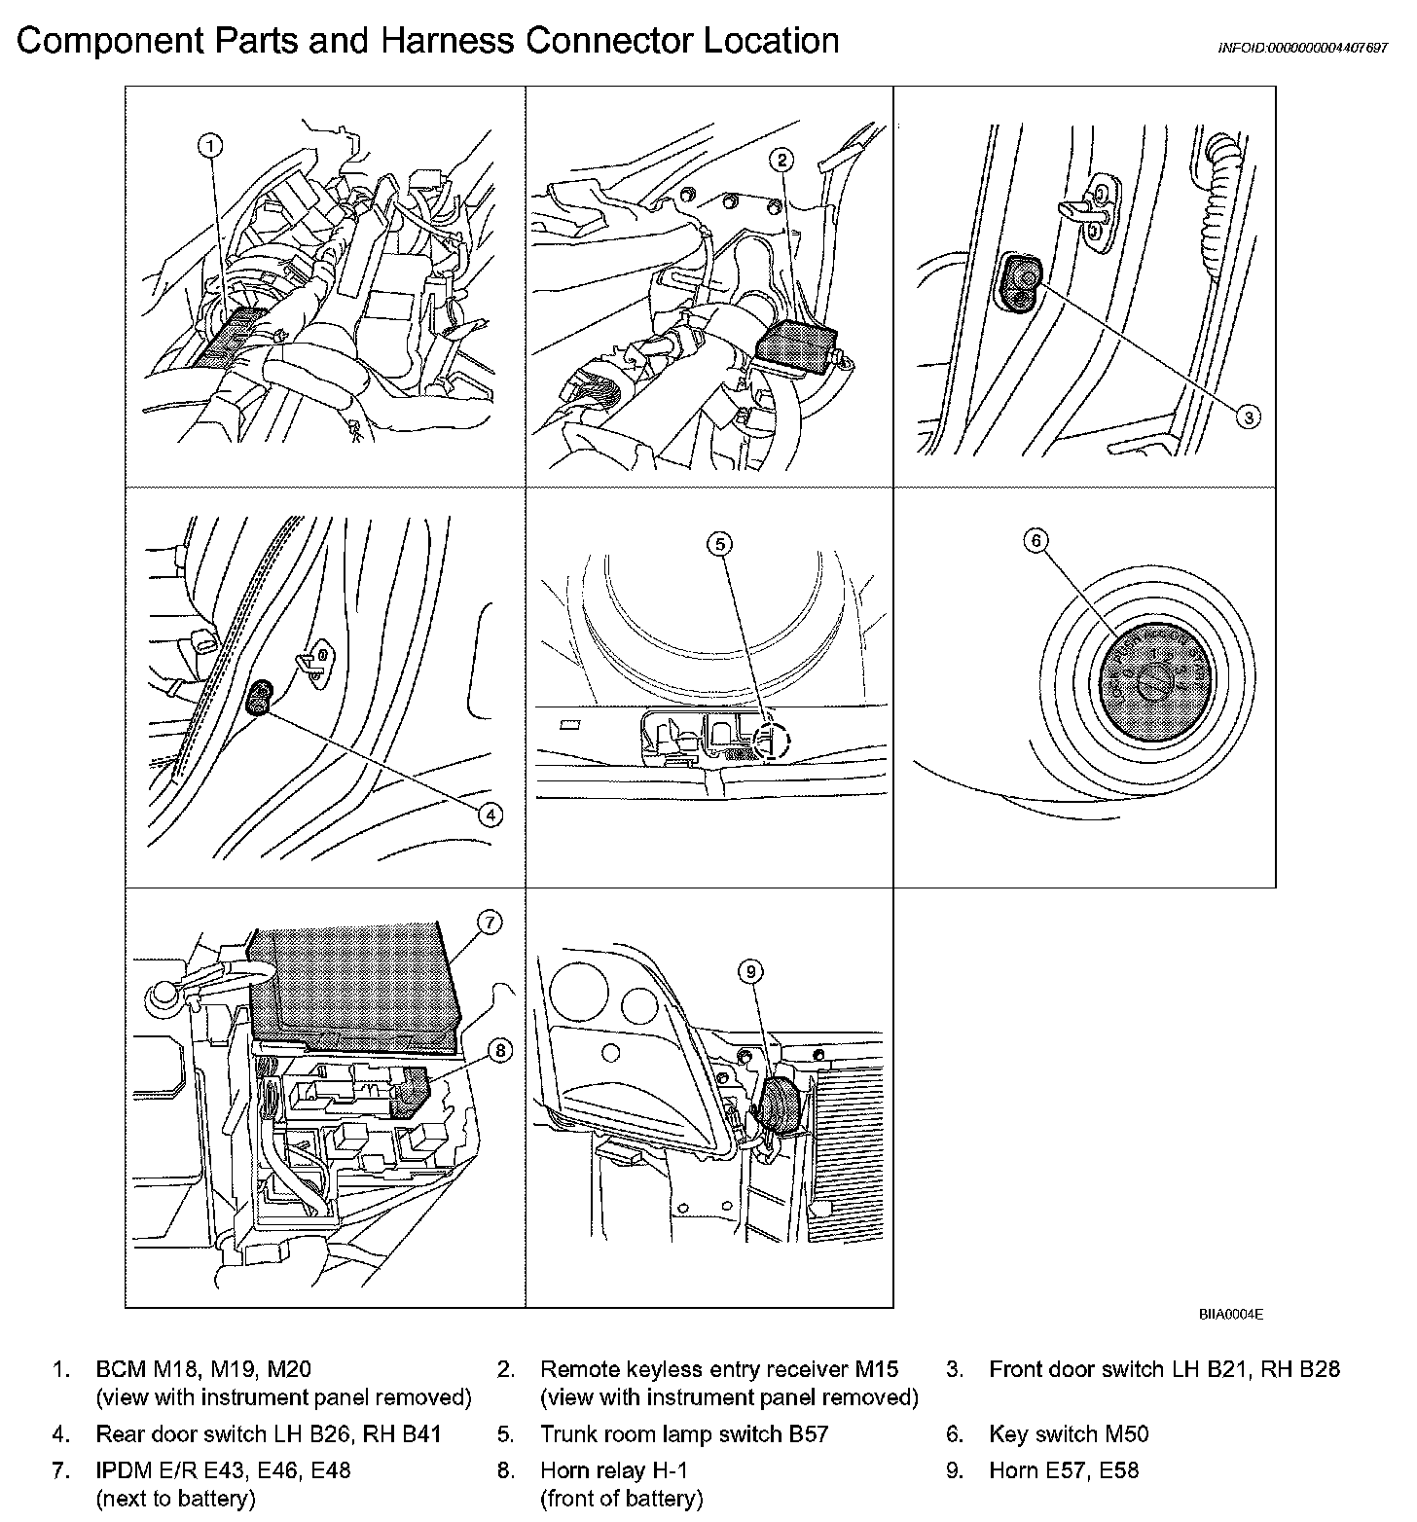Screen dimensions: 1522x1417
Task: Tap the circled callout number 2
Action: point(782,160)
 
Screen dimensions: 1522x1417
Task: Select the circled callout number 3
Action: point(1248,417)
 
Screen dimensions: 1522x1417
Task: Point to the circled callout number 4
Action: point(490,815)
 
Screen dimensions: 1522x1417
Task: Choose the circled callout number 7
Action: point(490,922)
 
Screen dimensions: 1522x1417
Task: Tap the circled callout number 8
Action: point(499,1050)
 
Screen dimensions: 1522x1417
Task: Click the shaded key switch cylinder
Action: point(1150,684)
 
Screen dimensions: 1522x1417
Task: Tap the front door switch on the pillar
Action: point(1020,282)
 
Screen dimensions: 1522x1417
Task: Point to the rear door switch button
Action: point(260,697)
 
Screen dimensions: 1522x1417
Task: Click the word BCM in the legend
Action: point(121,1369)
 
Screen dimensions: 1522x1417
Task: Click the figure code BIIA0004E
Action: point(1230,1314)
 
